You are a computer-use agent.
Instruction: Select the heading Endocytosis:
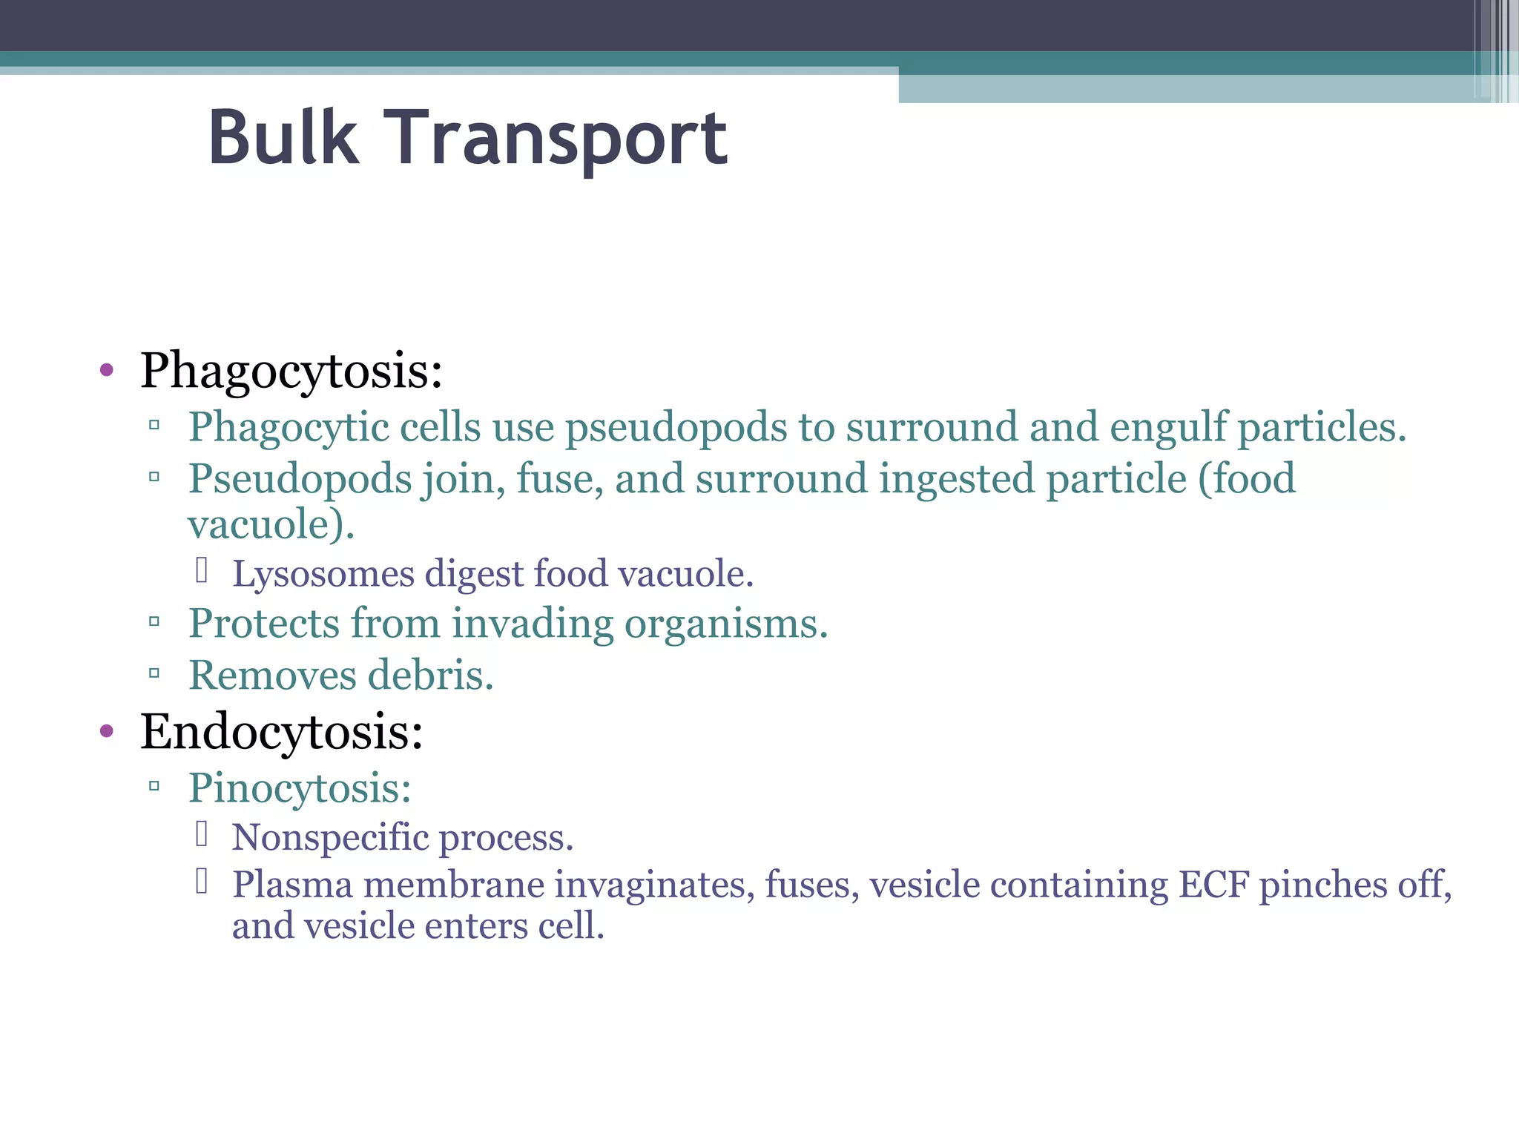pos(282,731)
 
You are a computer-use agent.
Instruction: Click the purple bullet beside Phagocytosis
pos(107,370)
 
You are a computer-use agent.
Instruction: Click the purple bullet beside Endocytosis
pos(107,731)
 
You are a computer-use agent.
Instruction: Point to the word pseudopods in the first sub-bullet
pos(676,428)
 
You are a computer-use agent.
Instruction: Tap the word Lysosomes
pos(323,573)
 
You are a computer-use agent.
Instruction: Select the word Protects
pos(263,623)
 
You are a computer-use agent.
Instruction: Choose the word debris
pos(430,675)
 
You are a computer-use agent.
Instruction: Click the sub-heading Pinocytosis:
pos(300,788)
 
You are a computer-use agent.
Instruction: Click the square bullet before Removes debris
pos(154,674)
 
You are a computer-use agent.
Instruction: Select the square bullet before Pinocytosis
pos(154,787)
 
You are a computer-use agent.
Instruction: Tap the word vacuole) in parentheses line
pos(271,524)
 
